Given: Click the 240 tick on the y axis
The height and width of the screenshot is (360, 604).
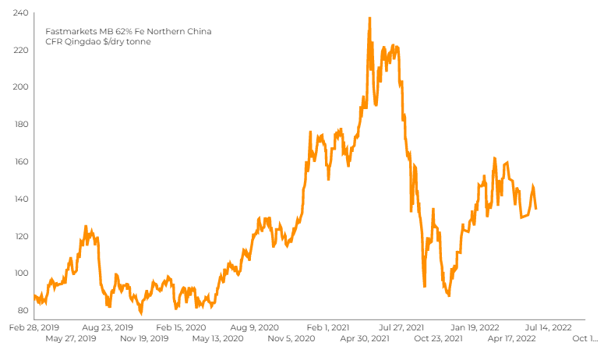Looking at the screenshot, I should pyautogui.click(x=21, y=13).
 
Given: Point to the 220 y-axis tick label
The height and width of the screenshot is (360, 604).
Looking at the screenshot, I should pyautogui.click(x=21, y=50).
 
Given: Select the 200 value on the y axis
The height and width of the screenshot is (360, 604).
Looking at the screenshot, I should pyautogui.click(x=21, y=87).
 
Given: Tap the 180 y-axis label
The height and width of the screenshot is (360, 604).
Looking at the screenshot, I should pyautogui.click(x=21, y=125).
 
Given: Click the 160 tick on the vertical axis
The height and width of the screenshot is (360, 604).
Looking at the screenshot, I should pyautogui.click(x=21, y=161).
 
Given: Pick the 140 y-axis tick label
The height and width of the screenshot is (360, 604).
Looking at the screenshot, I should pyautogui.click(x=21, y=199).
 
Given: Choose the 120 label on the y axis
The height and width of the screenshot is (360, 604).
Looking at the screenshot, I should pyautogui.click(x=21, y=236).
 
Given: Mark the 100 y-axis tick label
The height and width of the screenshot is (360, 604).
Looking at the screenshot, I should pyautogui.click(x=21, y=273).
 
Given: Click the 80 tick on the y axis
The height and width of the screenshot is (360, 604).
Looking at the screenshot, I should pyautogui.click(x=23, y=310).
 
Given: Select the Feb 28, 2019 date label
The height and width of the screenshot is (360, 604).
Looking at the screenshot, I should pyautogui.click(x=34, y=328).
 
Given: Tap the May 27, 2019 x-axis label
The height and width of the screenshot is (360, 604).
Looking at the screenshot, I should pyautogui.click(x=71, y=339).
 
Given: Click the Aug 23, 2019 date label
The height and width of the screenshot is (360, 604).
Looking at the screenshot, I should pyautogui.click(x=108, y=328).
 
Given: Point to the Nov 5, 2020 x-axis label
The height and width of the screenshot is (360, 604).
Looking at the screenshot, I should pyautogui.click(x=291, y=339).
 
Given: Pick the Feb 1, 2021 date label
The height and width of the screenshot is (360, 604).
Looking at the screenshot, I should pyautogui.click(x=328, y=328).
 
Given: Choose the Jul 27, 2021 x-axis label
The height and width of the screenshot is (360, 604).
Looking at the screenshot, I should pyautogui.click(x=402, y=328).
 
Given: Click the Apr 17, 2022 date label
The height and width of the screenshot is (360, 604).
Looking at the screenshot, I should pyautogui.click(x=512, y=339).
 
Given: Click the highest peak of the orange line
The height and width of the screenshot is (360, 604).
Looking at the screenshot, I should pyautogui.click(x=369, y=18).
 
